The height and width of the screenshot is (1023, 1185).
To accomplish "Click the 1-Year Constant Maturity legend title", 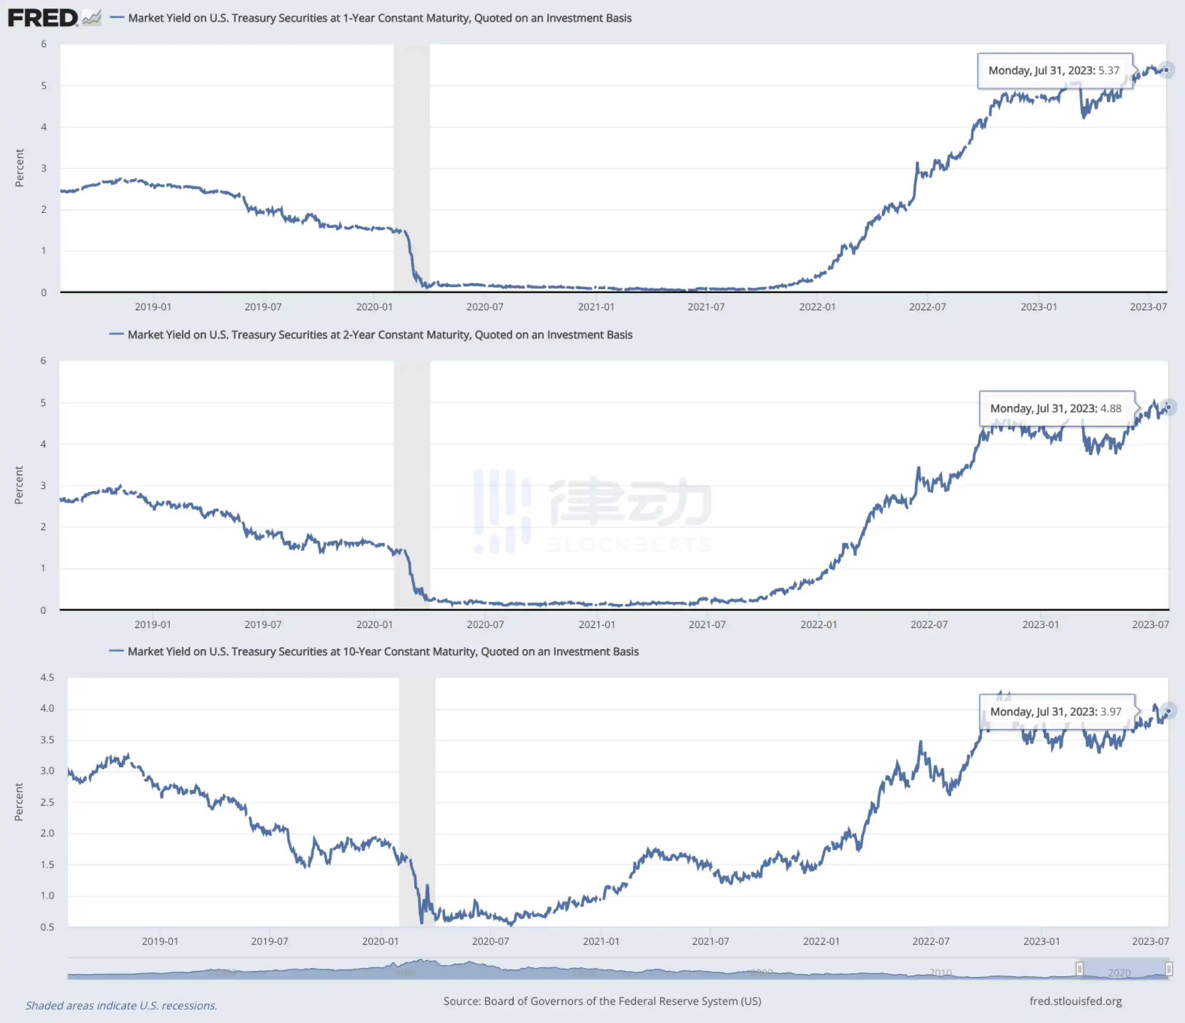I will pos(380,18).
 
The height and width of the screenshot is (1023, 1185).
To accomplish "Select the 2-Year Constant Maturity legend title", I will pos(380,335).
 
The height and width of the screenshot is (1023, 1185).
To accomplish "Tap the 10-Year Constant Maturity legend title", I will pos(383,651).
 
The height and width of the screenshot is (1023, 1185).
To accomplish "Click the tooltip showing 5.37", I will pos(1054,70).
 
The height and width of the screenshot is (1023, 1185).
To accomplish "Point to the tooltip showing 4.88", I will pos(1056,408).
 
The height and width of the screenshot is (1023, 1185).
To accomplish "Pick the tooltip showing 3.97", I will pos(1056,711).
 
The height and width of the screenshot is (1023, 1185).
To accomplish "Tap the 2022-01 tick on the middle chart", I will pos(818,625).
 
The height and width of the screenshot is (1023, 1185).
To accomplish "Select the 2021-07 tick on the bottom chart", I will pos(710,941).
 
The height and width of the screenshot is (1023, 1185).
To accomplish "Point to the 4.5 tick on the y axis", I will pos(47,678).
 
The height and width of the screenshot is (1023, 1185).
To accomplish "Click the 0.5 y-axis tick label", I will pos(47,927).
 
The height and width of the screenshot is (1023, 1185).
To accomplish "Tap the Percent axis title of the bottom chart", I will pos(19,802).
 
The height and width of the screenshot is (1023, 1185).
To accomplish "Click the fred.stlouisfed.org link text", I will pos(1075,1001).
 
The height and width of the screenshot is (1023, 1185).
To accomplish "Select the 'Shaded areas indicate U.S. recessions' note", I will pos(121,1005).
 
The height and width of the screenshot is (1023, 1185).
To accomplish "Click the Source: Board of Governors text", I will pos(602,1001).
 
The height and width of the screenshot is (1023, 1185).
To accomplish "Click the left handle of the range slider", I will pos(1079,969).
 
